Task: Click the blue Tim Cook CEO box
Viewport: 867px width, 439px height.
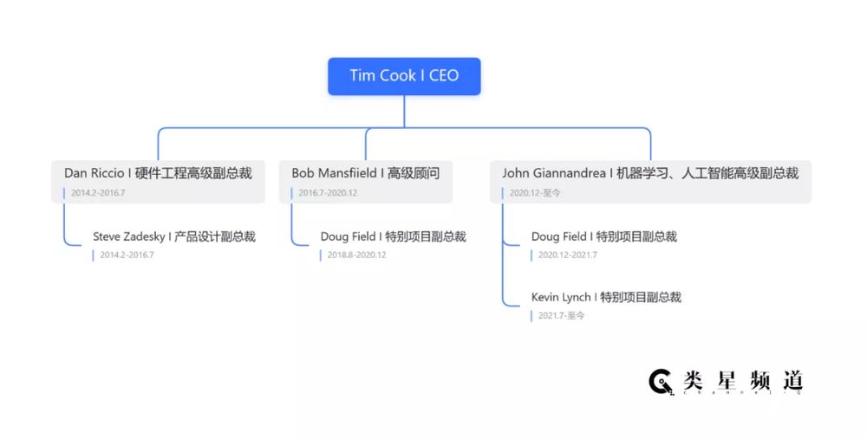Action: (x=404, y=76)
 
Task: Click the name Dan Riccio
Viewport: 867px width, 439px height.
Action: (x=94, y=173)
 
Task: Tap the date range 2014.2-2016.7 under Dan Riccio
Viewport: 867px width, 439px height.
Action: (x=98, y=193)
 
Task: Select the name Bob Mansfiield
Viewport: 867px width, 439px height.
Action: (x=334, y=173)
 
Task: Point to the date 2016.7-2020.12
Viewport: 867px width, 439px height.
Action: (x=328, y=193)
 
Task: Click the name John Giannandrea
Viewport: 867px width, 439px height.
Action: (x=553, y=173)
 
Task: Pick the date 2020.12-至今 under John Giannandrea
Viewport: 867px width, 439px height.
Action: (x=535, y=193)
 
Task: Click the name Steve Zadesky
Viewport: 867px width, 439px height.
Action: (x=129, y=237)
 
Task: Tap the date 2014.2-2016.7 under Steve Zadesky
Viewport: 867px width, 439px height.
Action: (x=127, y=255)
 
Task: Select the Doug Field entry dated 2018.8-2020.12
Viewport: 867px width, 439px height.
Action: (x=393, y=237)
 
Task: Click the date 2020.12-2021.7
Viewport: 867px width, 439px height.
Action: (x=567, y=255)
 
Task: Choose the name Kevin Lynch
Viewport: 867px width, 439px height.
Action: (x=561, y=297)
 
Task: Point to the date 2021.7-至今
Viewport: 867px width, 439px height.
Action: (x=561, y=315)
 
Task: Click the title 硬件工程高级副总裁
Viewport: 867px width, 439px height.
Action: (x=193, y=173)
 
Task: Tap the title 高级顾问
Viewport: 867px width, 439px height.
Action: (x=414, y=173)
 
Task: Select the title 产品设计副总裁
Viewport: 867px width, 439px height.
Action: (x=214, y=237)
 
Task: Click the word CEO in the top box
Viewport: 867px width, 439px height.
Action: (x=444, y=75)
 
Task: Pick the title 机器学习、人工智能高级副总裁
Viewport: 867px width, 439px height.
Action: (x=707, y=173)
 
